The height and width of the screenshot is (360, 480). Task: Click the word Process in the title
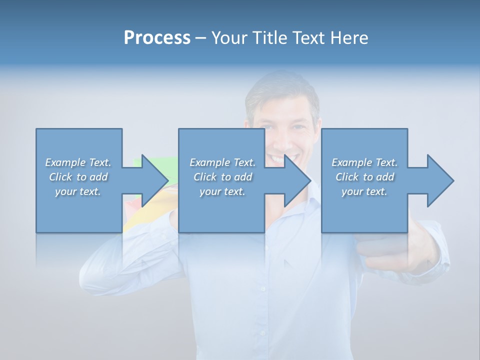157,38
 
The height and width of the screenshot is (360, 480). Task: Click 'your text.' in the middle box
222,191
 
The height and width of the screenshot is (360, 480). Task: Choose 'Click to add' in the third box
364,177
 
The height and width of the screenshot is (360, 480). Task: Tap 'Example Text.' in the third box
364,162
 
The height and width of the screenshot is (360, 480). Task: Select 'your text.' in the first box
78,191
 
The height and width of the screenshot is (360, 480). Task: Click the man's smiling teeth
276,158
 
